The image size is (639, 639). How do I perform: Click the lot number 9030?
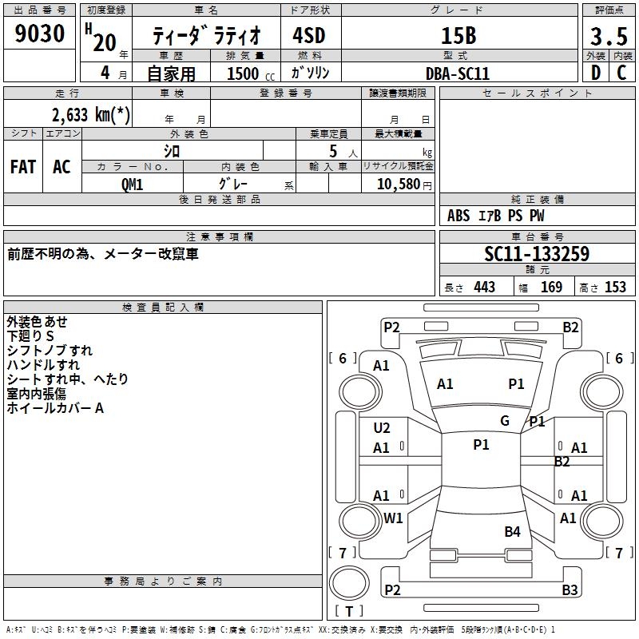pos(40,34)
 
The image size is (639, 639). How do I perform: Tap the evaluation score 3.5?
pos(609,37)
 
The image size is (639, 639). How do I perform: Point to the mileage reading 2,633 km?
pos(90,114)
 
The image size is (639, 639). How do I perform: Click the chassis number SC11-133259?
pos(537,255)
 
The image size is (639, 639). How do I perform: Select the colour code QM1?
pos(133,184)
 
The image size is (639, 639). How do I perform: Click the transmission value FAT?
pos(23,167)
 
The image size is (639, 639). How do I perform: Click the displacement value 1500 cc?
pos(244,73)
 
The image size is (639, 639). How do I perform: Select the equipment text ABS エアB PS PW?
pos(496,216)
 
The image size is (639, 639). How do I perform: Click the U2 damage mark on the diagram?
pos(382,428)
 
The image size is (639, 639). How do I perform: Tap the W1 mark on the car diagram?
pos(393,518)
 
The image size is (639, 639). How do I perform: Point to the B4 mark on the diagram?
pos(512,531)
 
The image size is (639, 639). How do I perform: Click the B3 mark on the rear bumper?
pos(570,590)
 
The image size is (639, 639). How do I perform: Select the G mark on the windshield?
pos(505,421)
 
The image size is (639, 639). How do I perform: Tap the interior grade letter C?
pos(621,73)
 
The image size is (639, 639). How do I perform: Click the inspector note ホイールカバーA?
pos(55,408)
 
